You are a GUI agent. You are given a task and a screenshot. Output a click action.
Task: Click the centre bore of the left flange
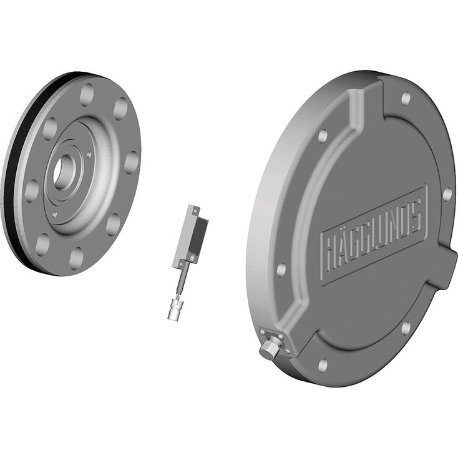63,172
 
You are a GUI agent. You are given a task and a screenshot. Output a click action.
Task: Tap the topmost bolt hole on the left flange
87,95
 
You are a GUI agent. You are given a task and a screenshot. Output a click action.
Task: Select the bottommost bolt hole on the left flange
77,258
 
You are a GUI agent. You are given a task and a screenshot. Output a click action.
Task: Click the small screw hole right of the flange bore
89,153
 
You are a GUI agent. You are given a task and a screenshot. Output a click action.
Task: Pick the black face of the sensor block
198,236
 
